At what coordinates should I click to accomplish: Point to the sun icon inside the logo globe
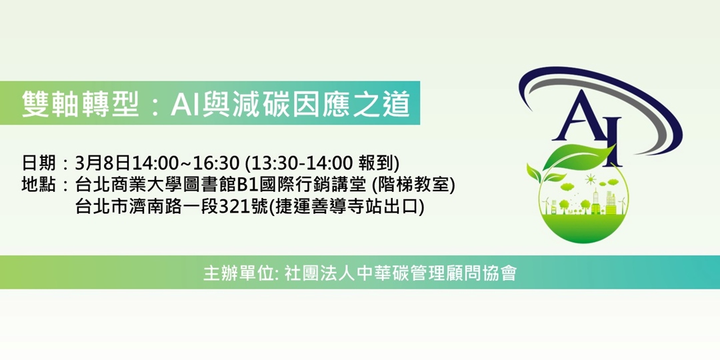[x=589, y=179]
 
